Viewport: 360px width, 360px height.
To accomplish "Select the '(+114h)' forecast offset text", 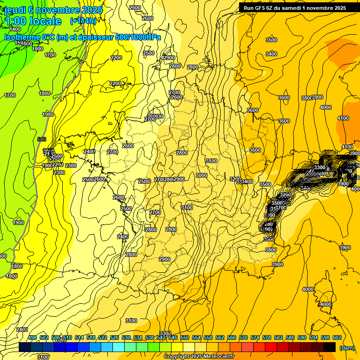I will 83,21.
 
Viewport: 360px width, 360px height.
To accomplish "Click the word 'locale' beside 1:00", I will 45,21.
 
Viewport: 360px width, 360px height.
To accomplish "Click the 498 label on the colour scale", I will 32,337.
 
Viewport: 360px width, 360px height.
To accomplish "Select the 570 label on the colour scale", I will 243,337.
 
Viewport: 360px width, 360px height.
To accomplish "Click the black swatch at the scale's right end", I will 330,347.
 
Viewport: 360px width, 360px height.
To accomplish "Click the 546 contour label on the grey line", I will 42,139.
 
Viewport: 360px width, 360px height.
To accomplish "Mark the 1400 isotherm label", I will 15,29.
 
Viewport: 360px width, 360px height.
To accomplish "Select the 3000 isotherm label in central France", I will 202,175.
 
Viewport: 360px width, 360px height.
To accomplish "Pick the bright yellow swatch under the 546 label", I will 177,347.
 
